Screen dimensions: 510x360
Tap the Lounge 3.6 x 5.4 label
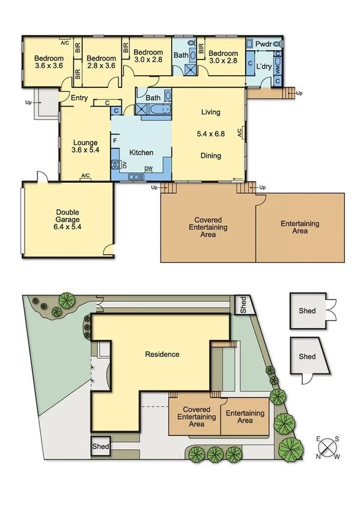[x=85, y=146]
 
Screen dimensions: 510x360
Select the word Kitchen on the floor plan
[x=141, y=153]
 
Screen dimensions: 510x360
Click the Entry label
[x=79, y=99]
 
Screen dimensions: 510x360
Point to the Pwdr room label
[x=263, y=45]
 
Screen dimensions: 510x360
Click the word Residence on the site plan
[x=162, y=354]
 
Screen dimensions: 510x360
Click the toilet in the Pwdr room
[x=278, y=45]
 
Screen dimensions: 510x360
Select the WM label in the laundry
[x=278, y=70]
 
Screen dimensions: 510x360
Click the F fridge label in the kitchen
[x=115, y=141]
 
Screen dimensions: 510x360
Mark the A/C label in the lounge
[x=85, y=176]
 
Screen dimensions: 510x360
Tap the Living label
[x=210, y=112]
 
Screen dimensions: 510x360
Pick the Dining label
[x=210, y=156]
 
